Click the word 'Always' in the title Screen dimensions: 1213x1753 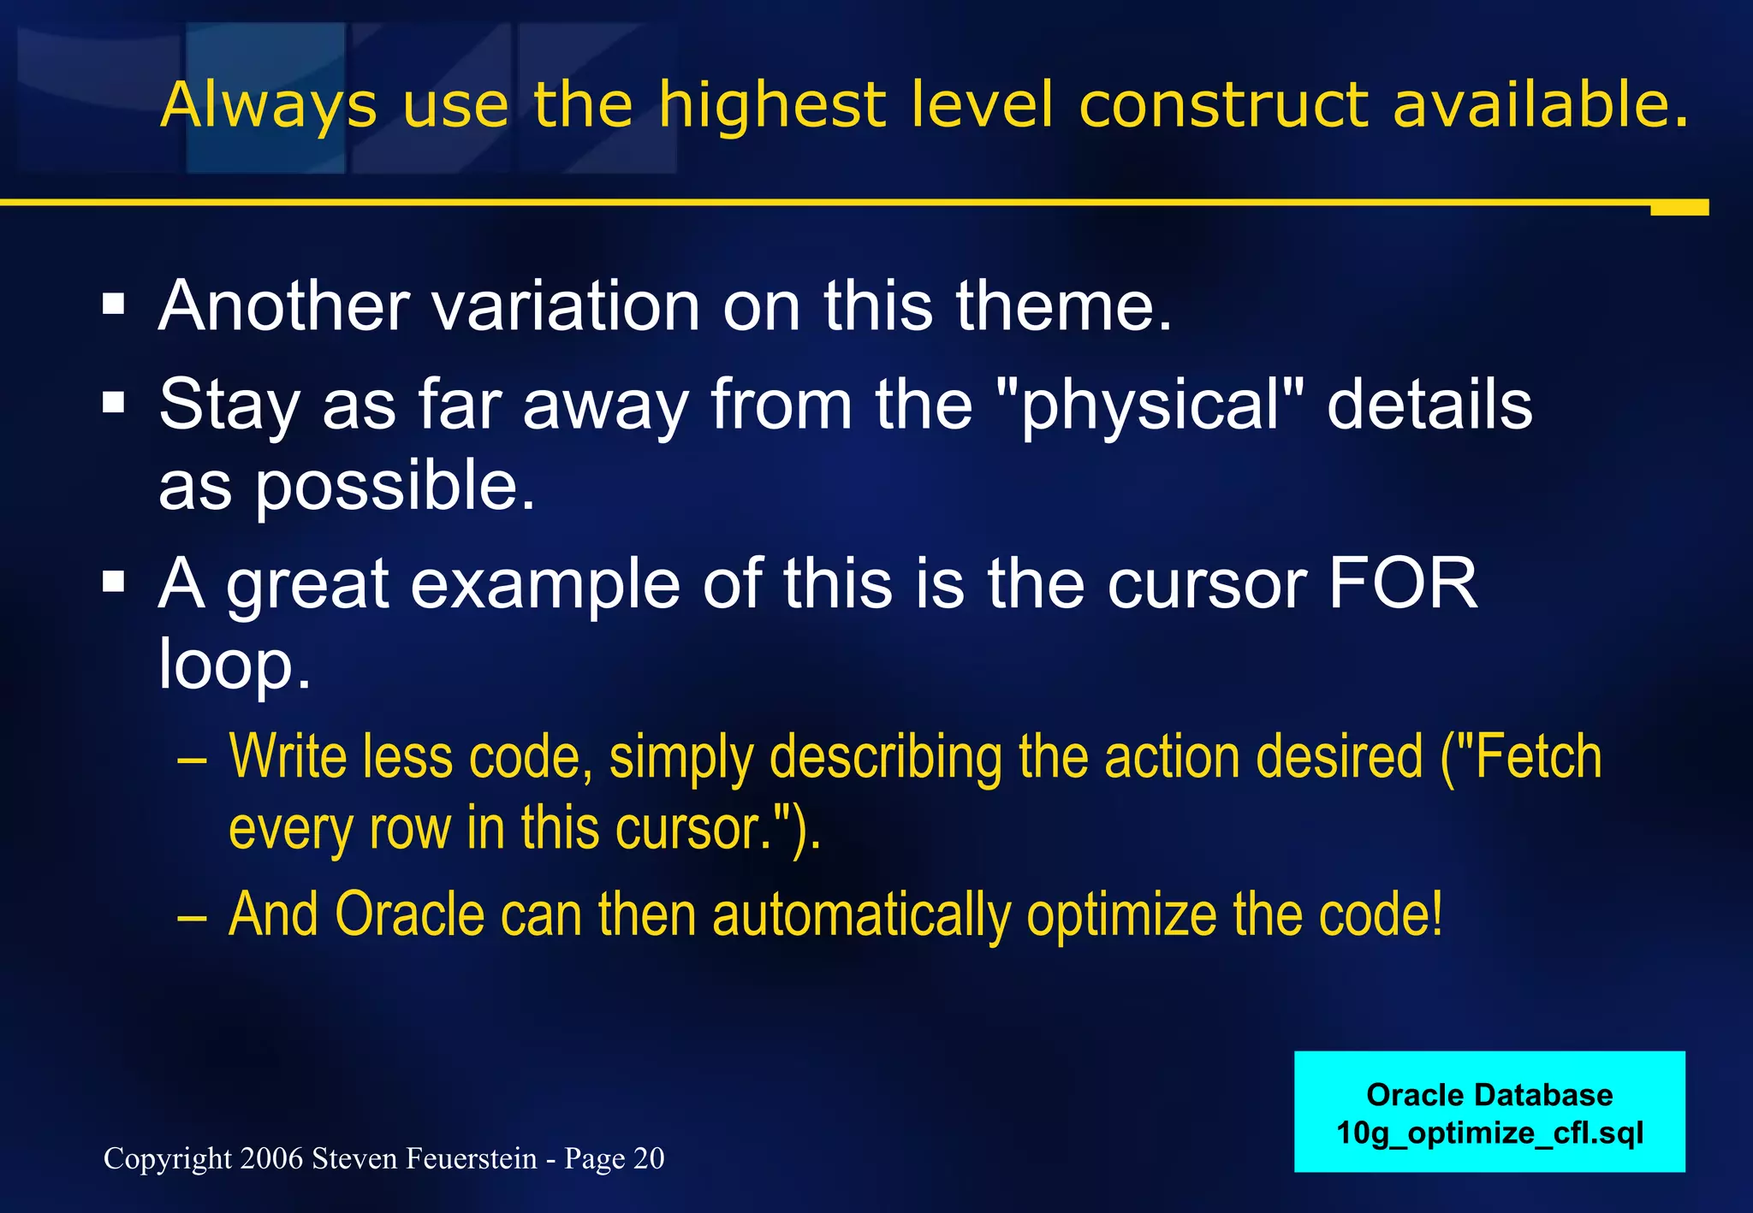pos(268,106)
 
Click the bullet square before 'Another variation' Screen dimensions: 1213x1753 pos(113,304)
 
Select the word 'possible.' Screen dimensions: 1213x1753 pos(395,486)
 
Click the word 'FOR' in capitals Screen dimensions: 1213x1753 pos(1402,583)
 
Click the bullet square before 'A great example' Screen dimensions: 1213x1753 pos(113,583)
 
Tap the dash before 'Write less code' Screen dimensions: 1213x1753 pos(192,760)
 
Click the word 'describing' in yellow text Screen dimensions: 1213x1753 pos(885,758)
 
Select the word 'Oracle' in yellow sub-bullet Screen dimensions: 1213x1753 pos(409,914)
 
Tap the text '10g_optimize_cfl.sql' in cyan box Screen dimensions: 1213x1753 pos(1489,1133)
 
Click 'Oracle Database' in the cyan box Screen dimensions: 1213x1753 pos(1489,1095)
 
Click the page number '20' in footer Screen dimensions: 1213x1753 pos(648,1158)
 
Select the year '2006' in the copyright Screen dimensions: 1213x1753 pos(271,1158)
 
